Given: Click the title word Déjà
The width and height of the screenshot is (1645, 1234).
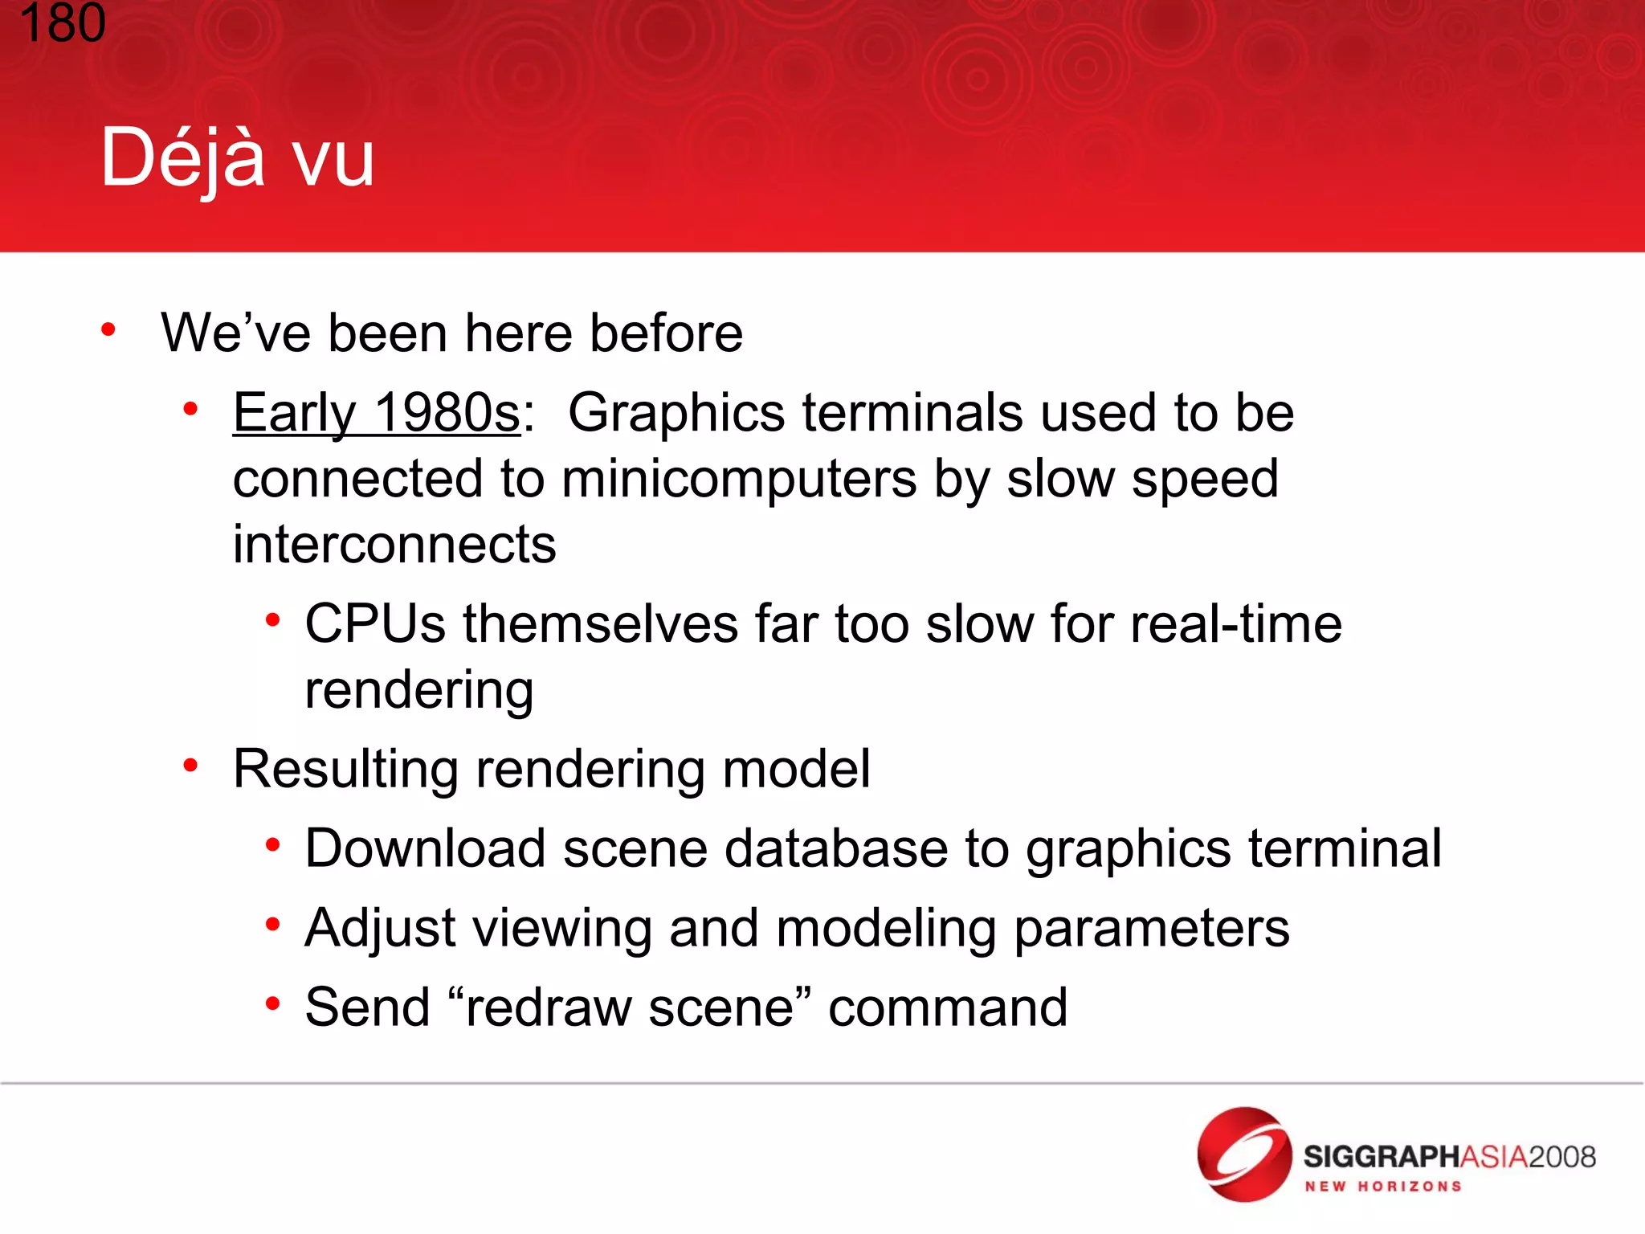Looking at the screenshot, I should pos(182,158).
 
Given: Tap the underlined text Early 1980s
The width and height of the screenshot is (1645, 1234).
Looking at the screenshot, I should pos(377,413).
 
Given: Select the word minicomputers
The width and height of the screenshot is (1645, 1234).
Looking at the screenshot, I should pos(739,480).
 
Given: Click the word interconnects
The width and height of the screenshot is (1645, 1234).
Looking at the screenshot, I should pos(394,545).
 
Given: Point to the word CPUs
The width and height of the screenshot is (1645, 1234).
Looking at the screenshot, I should pos(374,624).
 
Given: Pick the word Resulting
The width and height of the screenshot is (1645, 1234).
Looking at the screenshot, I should pos(345,769).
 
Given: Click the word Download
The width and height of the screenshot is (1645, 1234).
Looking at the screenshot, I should pos(425,848).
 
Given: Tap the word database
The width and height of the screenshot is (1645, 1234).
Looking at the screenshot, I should pos(835,848).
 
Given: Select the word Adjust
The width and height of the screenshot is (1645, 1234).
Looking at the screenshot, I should pos(380,929).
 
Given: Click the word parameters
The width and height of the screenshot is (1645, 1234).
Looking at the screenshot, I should pos(1151,929).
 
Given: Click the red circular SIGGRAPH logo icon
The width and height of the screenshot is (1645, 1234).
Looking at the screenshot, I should pos(1244,1154).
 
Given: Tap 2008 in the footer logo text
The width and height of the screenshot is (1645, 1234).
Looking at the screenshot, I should pos(1561,1157).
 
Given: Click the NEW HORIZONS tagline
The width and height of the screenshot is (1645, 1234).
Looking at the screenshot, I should pos(1382,1187).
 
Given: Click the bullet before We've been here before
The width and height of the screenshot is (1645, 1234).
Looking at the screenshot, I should pos(108,329).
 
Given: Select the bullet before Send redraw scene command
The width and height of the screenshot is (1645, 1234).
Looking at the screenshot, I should pos(273,1003).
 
